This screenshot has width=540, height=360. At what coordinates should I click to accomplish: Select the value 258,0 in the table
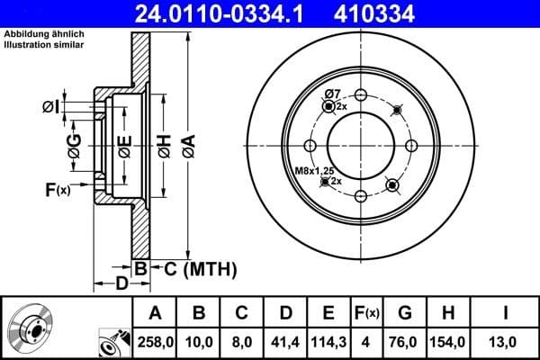point(154,342)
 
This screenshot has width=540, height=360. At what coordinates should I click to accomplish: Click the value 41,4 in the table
point(284,342)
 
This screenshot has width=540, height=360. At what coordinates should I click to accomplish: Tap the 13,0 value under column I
point(505,342)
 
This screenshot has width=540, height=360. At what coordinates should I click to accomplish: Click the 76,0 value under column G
point(404,342)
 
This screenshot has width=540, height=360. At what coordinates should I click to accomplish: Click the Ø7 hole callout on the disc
point(331,94)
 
